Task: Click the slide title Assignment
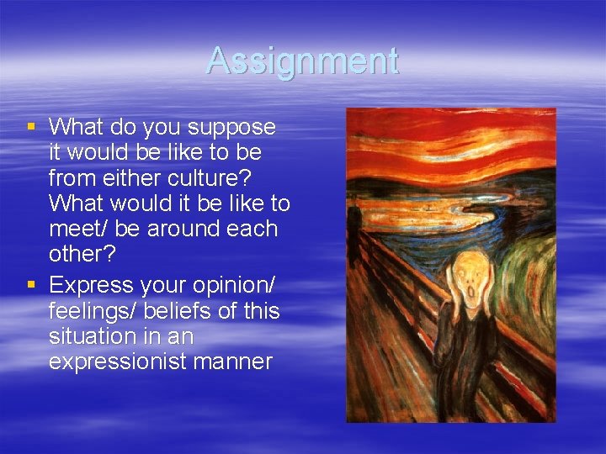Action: tap(302, 61)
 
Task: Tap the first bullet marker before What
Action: tap(31, 127)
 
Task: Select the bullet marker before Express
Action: tap(31, 284)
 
